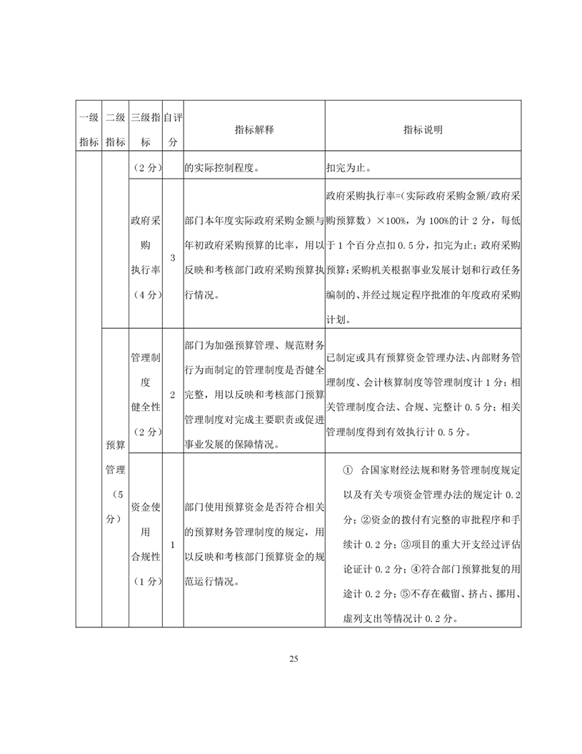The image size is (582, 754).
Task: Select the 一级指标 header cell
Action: pyautogui.click(x=89, y=129)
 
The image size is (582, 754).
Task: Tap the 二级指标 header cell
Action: pyautogui.click(x=115, y=129)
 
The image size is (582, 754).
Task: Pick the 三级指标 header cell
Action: pyautogui.click(x=145, y=129)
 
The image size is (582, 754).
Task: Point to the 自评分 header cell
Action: pyautogui.click(x=172, y=129)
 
